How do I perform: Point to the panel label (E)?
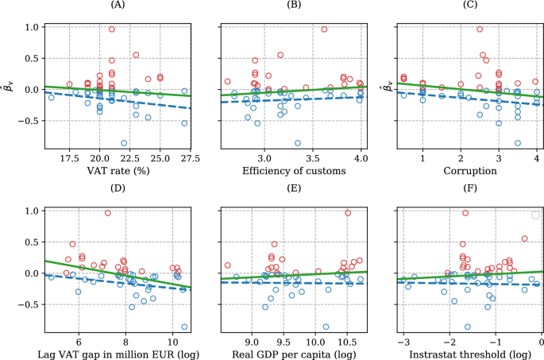[292, 192]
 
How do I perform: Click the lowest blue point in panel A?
[124, 143]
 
